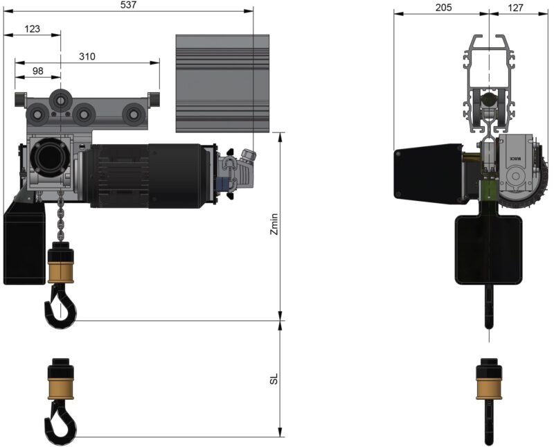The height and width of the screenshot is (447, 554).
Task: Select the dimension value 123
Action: pyautogui.click(x=32, y=29)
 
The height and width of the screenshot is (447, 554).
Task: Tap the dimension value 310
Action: pyautogui.click(x=87, y=56)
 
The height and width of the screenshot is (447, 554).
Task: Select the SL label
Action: pyautogui.click(x=274, y=379)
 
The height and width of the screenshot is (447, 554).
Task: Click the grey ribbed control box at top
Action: pyautogui.click(x=222, y=83)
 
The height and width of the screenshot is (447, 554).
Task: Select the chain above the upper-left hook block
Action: pyautogui.click(x=60, y=218)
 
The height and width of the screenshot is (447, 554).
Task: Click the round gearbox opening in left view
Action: pyautogui.click(x=49, y=156)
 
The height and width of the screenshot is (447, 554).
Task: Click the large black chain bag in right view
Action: pyautogui.click(x=489, y=248)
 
